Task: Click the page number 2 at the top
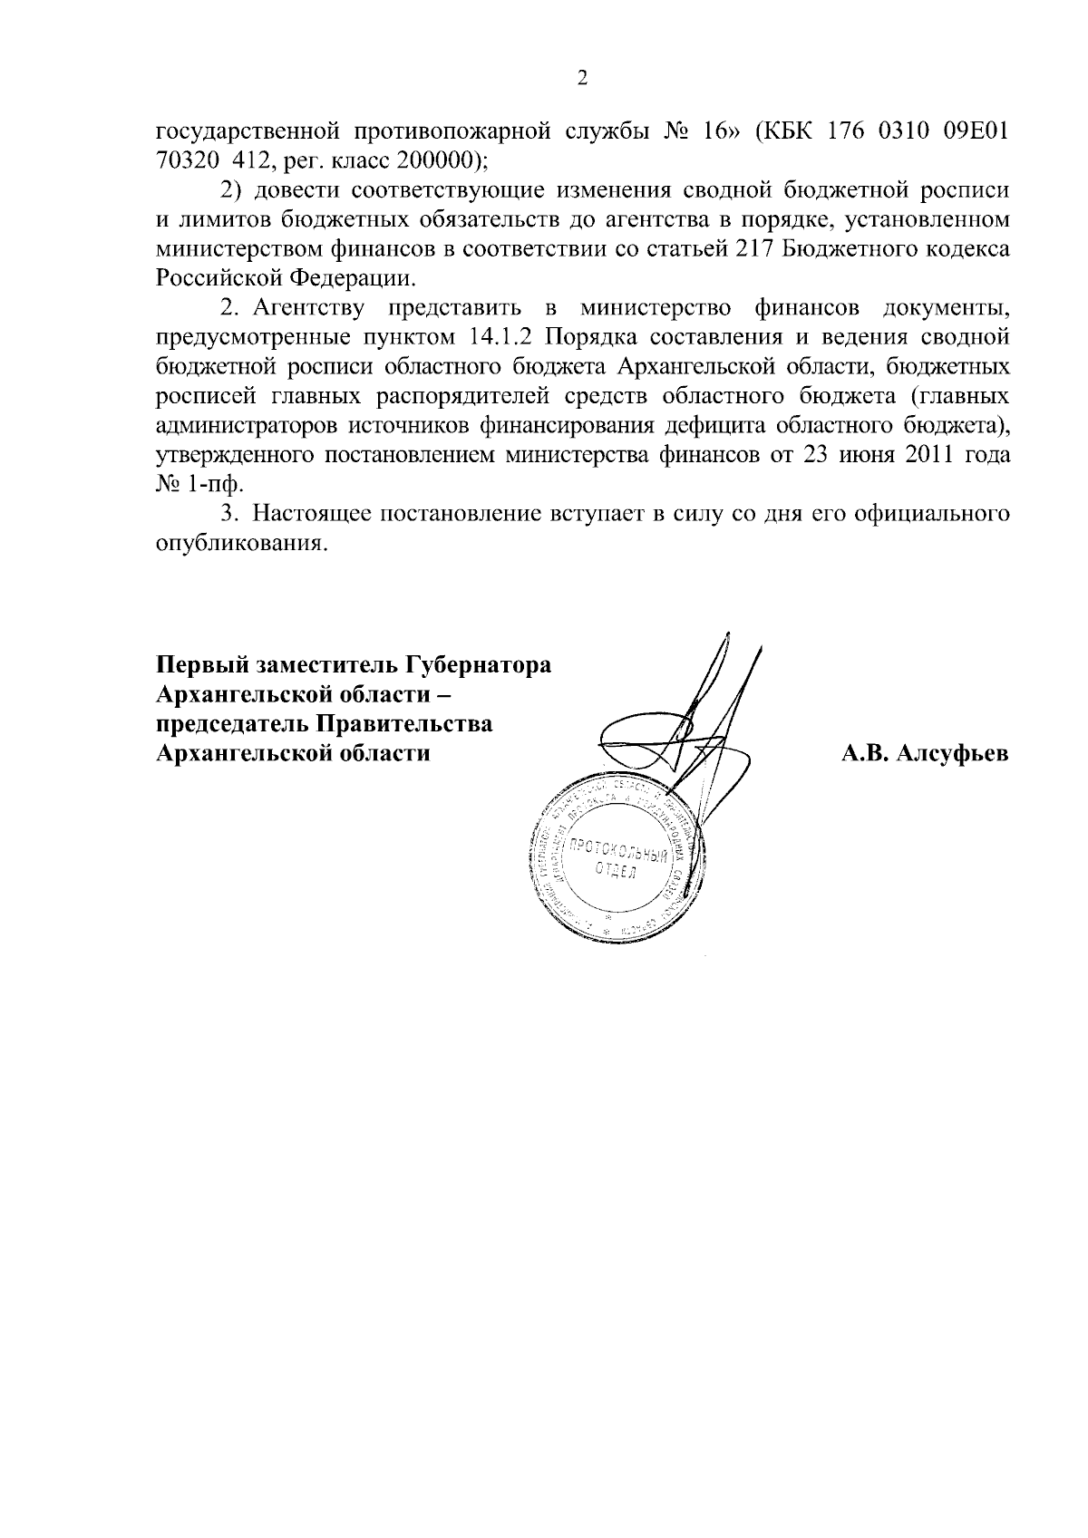coord(583,79)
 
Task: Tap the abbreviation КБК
coord(790,132)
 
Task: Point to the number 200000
coord(432,162)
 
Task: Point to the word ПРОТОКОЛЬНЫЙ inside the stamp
coord(620,856)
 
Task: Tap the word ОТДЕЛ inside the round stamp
coord(617,875)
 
